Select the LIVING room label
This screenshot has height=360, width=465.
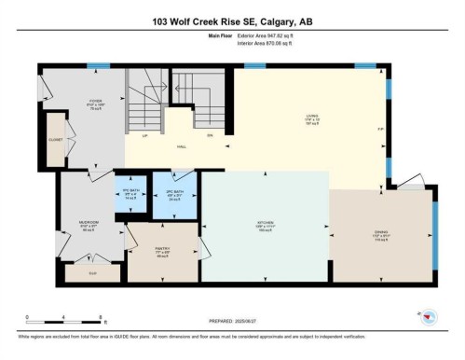click(311, 118)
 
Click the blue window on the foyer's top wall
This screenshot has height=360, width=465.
click(93, 66)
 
